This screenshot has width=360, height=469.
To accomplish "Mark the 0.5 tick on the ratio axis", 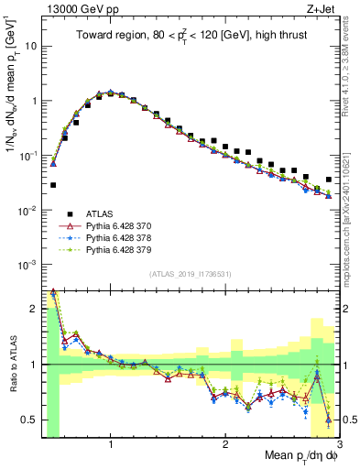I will pos(31,420).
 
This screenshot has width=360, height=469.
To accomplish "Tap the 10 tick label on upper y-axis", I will pos(31,45).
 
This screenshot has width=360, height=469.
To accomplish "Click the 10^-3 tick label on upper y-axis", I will pos(29,265).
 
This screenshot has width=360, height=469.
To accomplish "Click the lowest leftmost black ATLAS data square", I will pos(53,185).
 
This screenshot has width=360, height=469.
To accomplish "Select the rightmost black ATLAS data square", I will pos(329,180).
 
